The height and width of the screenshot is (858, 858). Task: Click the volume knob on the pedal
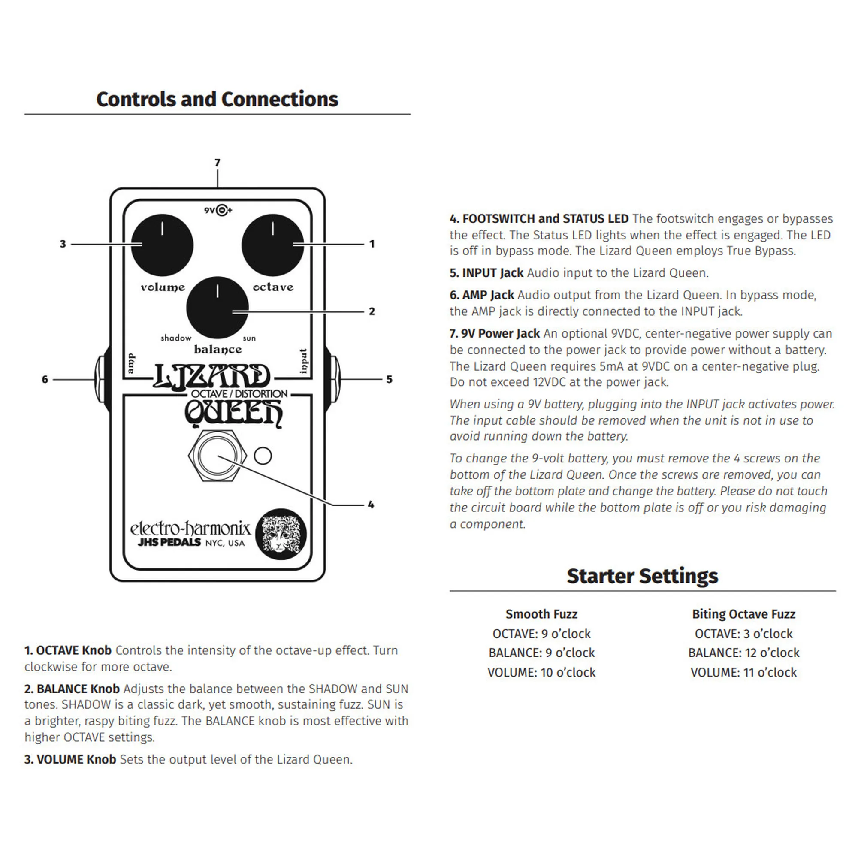click(x=162, y=245)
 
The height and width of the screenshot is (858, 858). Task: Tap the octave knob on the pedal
click(x=273, y=245)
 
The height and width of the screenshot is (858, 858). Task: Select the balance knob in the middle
click(x=217, y=308)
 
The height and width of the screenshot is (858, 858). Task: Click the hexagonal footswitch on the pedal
click(x=217, y=456)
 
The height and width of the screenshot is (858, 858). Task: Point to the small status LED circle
click(x=263, y=456)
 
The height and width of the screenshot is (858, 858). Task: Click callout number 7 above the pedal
click(x=217, y=163)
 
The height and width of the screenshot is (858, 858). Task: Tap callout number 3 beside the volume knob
click(x=63, y=244)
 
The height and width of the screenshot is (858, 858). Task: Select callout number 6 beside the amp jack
click(x=45, y=379)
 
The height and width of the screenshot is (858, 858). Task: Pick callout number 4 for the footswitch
click(x=371, y=505)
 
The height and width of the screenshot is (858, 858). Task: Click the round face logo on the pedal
click(x=281, y=534)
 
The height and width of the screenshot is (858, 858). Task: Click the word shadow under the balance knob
click(x=176, y=338)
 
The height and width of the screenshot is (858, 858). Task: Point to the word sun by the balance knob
click(x=249, y=338)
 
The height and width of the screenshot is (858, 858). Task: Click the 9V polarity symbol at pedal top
click(x=218, y=210)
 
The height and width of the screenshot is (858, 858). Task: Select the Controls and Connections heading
click(x=217, y=99)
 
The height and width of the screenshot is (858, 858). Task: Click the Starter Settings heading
click(x=642, y=576)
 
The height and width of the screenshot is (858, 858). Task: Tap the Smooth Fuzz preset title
click(x=541, y=614)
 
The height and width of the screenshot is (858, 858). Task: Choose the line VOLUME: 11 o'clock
click(x=744, y=672)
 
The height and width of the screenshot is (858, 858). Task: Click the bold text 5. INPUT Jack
click(x=486, y=273)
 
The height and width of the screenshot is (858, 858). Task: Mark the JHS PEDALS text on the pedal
click(x=169, y=542)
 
